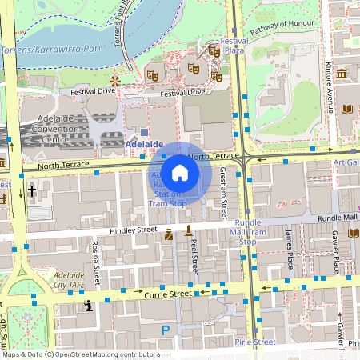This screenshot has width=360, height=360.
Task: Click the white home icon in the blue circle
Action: tap(180, 173)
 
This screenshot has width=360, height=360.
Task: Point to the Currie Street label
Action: tap(168, 294)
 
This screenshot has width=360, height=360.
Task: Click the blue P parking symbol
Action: tap(166, 330)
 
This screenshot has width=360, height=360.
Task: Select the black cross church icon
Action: tap(32, 191)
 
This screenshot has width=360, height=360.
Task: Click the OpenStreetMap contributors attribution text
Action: tap(80, 354)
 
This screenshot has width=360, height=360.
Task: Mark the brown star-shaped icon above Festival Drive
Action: tap(114, 81)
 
